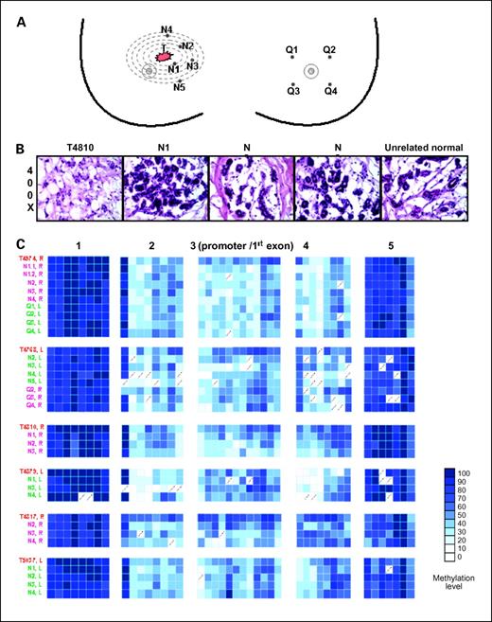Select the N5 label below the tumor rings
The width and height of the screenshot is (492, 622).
(179, 89)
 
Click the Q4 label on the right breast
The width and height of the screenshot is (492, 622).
(330, 91)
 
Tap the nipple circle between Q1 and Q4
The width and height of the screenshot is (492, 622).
(311, 71)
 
